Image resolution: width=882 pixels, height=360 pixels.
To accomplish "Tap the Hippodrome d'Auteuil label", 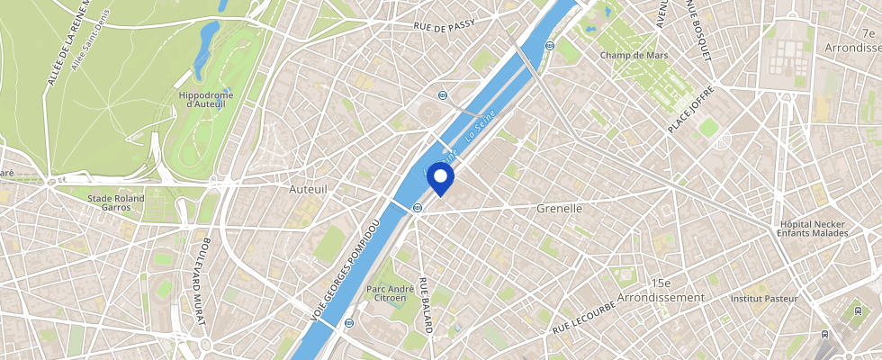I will click(206, 99).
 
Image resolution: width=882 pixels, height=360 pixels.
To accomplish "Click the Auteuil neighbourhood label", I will click(309, 190).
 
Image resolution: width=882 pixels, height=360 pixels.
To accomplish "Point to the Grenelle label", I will click(560, 208).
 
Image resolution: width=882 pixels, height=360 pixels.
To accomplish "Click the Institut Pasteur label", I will click(764, 298).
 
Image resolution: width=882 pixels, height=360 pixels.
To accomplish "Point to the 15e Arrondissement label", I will click(662, 290).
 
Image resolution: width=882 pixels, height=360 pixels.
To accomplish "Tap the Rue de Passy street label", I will click(444, 26).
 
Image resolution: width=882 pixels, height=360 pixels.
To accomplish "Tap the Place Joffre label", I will click(691, 108).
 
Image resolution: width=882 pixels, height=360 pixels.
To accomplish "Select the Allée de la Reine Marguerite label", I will click(58, 45).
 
